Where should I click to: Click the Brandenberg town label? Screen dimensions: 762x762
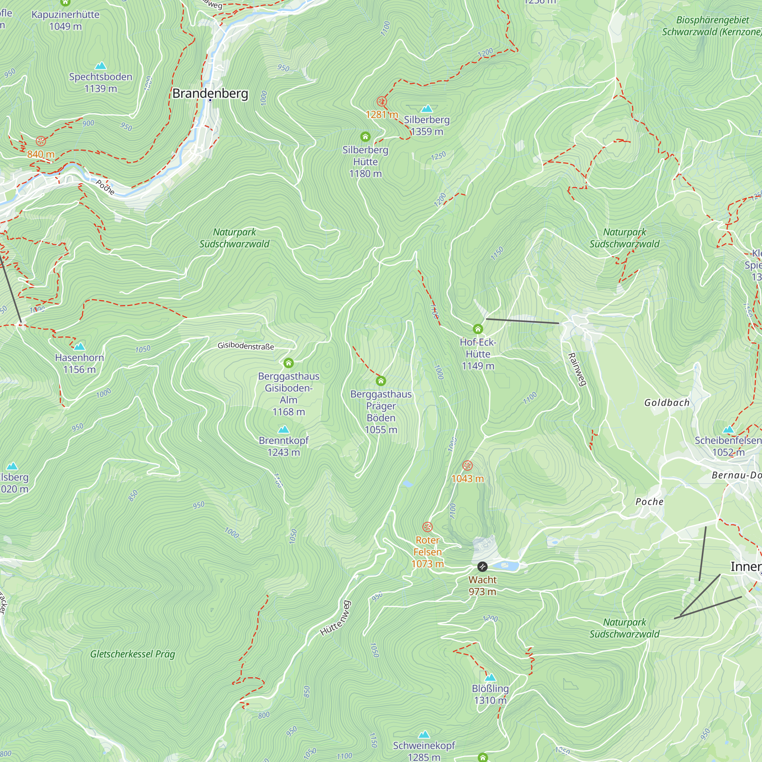pyautogui.click(x=210, y=93)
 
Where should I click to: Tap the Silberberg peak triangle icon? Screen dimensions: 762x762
pyautogui.click(x=427, y=109)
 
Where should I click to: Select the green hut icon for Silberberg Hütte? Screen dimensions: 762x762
pyautogui.click(x=365, y=137)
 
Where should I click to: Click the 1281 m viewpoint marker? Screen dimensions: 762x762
pyautogui.click(x=381, y=102)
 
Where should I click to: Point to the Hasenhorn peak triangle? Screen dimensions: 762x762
pyautogui.click(x=79, y=346)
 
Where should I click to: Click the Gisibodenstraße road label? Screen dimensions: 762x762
pyautogui.click(x=246, y=346)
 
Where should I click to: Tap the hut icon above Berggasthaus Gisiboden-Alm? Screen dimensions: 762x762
pyautogui.click(x=289, y=363)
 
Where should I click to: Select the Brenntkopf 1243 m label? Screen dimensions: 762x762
pyautogui.click(x=283, y=446)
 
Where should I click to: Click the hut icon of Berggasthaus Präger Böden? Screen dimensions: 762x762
pyautogui.click(x=381, y=381)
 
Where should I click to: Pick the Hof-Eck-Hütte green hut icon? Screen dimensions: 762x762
pyautogui.click(x=478, y=329)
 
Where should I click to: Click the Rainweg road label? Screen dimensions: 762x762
pyautogui.click(x=577, y=369)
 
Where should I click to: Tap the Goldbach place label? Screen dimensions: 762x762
pyautogui.click(x=666, y=403)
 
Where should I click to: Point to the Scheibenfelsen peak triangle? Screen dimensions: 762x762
pyautogui.click(x=728, y=429)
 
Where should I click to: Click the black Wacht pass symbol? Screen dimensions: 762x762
pyautogui.click(x=482, y=567)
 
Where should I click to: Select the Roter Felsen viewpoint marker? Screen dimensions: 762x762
pyautogui.click(x=427, y=527)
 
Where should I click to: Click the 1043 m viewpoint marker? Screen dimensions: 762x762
pyautogui.click(x=467, y=466)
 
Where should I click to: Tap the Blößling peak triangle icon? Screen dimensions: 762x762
pyautogui.click(x=490, y=677)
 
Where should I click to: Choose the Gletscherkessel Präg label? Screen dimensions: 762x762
pyautogui.click(x=133, y=654)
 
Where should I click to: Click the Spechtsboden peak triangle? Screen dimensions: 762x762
pyautogui.click(x=101, y=66)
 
